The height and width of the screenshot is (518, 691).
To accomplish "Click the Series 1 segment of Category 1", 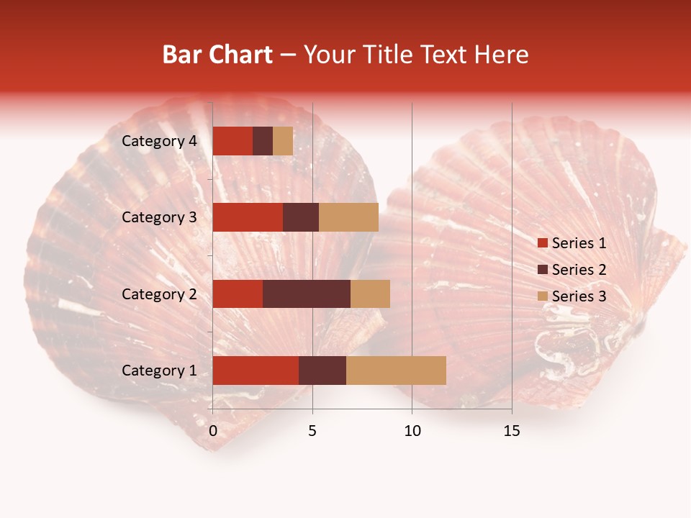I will point(256,371).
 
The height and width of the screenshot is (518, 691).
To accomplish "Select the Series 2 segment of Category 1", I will point(322,371).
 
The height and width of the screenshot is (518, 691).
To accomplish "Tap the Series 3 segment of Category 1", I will point(396,371).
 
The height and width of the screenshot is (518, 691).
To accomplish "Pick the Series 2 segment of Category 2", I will point(307,294).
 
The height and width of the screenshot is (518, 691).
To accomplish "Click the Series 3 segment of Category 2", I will point(370,294).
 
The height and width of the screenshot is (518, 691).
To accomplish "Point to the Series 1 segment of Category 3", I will point(248,217).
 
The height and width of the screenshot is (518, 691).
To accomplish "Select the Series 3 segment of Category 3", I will point(348,217).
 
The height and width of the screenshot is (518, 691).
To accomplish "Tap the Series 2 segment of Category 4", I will point(263,141).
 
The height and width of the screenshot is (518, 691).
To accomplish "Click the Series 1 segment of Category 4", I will point(232,141).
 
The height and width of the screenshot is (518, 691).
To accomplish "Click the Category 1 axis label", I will point(159,371).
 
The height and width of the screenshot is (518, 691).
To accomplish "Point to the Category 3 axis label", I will point(159,217).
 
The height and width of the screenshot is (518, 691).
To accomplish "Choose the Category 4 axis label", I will point(159,141).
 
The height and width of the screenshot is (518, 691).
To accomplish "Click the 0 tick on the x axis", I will point(213,431).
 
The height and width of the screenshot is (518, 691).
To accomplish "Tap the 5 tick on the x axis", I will point(312,431).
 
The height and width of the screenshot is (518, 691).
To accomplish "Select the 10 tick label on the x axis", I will point(412,431).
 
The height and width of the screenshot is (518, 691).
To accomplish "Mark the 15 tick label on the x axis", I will point(512,431).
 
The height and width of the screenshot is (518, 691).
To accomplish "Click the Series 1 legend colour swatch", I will point(543,243).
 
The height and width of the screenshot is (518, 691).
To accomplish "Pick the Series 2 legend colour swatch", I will point(543,270).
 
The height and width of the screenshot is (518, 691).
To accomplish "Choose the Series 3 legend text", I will point(579,296).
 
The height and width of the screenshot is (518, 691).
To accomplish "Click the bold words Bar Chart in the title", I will point(217,55).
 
